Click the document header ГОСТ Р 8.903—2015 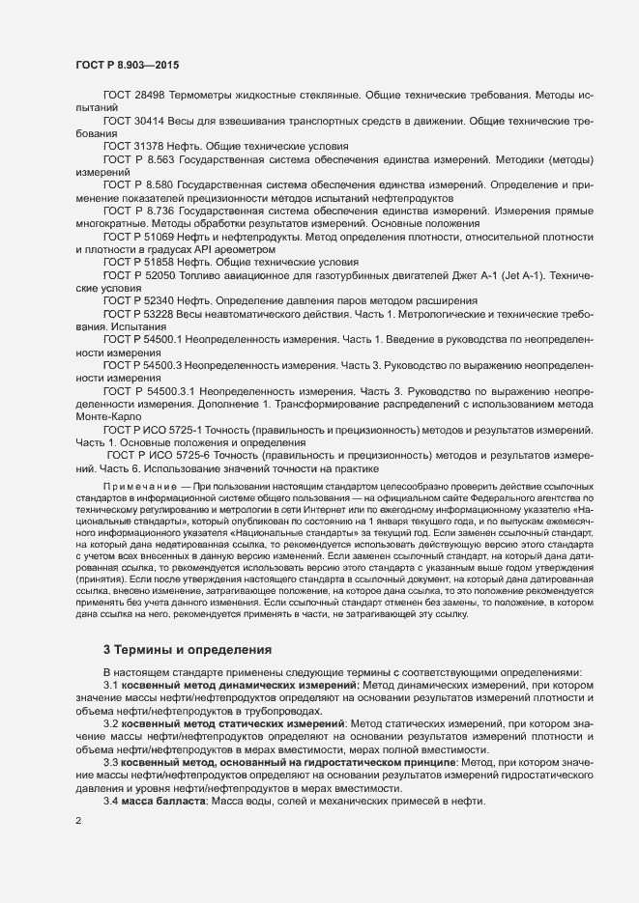click(128, 64)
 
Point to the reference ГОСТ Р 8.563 click(138, 157)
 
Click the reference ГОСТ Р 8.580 click(138, 183)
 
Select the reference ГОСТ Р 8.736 click(138, 210)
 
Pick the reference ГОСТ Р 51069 click(138, 236)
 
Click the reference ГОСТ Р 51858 click(138, 262)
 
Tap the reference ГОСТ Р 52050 click(138, 275)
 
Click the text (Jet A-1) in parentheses click(543, 275)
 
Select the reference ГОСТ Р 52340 click(138, 301)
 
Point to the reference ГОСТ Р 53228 click(138, 315)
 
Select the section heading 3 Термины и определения click(187, 647)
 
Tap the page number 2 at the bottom click(78, 821)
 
